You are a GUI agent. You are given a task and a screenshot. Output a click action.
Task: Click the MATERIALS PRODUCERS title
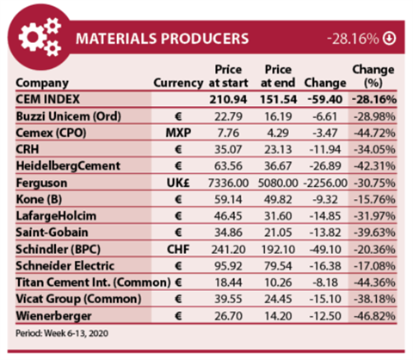tap(162, 39)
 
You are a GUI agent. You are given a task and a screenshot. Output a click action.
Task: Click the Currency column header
tap(177, 84)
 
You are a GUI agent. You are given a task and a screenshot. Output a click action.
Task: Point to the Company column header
tap(43, 84)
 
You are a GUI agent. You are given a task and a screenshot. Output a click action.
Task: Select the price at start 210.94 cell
tap(228, 100)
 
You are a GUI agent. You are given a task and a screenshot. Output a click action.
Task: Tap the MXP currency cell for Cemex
tap(177, 133)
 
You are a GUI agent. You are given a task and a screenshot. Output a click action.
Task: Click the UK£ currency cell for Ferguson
tap(177, 182)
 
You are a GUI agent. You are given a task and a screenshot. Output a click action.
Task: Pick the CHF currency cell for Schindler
tap(177, 248)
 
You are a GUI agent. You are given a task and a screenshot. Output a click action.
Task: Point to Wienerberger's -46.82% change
tap(375, 313)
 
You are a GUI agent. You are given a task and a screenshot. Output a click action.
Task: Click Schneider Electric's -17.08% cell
tap(375, 264)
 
